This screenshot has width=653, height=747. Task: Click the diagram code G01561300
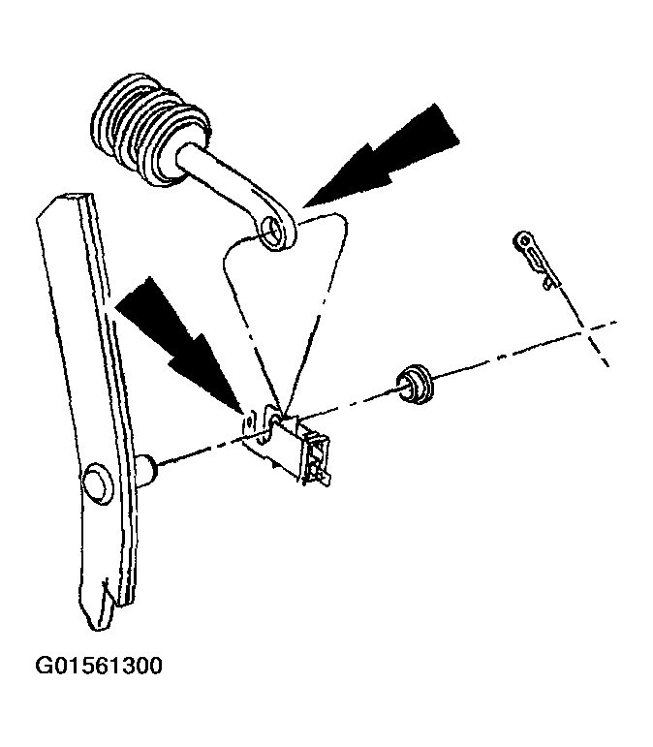[x=99, y=666]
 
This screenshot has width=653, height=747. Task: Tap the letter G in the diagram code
[x=44, y=666]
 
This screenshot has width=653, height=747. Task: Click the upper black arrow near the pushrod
[x=381, y=156]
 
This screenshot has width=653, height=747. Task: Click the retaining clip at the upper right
[x=537, y=259]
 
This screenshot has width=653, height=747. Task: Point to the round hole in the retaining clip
[x=524, y=240]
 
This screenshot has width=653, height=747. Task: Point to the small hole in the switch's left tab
[x=248, y=421]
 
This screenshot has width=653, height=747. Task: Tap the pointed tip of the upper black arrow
[x=303, y=207]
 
